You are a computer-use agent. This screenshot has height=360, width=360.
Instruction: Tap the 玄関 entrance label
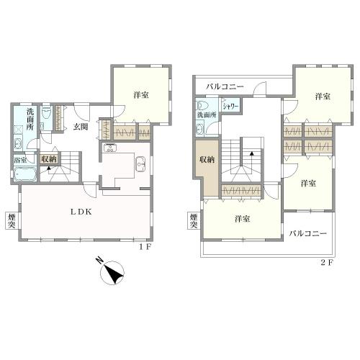80,127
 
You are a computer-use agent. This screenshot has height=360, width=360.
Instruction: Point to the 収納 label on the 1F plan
49,160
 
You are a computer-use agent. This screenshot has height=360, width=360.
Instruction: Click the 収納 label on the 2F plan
206,160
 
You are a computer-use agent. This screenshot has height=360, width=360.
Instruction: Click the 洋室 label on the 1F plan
141,94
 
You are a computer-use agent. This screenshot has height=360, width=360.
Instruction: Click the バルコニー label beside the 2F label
308,234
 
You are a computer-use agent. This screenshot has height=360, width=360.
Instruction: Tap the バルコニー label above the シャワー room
224,87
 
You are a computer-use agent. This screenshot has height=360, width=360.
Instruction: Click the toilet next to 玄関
45,115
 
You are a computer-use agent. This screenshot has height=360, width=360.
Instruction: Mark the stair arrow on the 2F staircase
251,152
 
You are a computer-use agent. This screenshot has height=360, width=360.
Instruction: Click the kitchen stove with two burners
111,149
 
